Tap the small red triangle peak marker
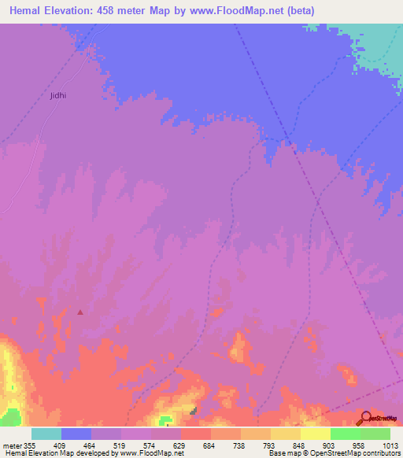pyautogui.click(x=80, y=312)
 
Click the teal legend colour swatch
pyautogui.click(x=46, y=434)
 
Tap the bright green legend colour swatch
pyautogui.click(x=346, y=434)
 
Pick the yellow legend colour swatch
pyautogui.click(x=316, y=434)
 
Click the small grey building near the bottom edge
pyautogui.click(x=194, y=410)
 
